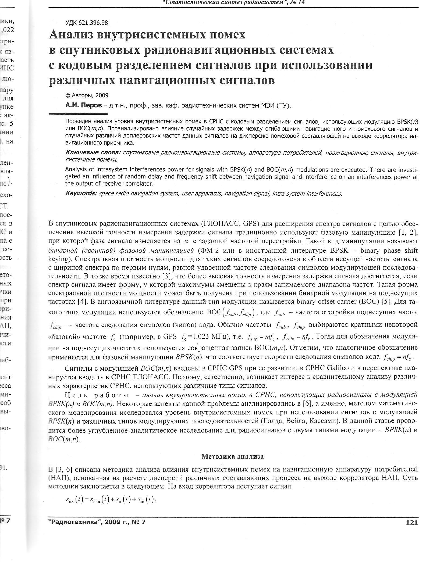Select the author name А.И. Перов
pos(84,105)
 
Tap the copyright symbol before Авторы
pos(68,95)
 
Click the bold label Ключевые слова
pos(93,153)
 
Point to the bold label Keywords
pos(81,194)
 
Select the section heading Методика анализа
pos(233,456)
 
